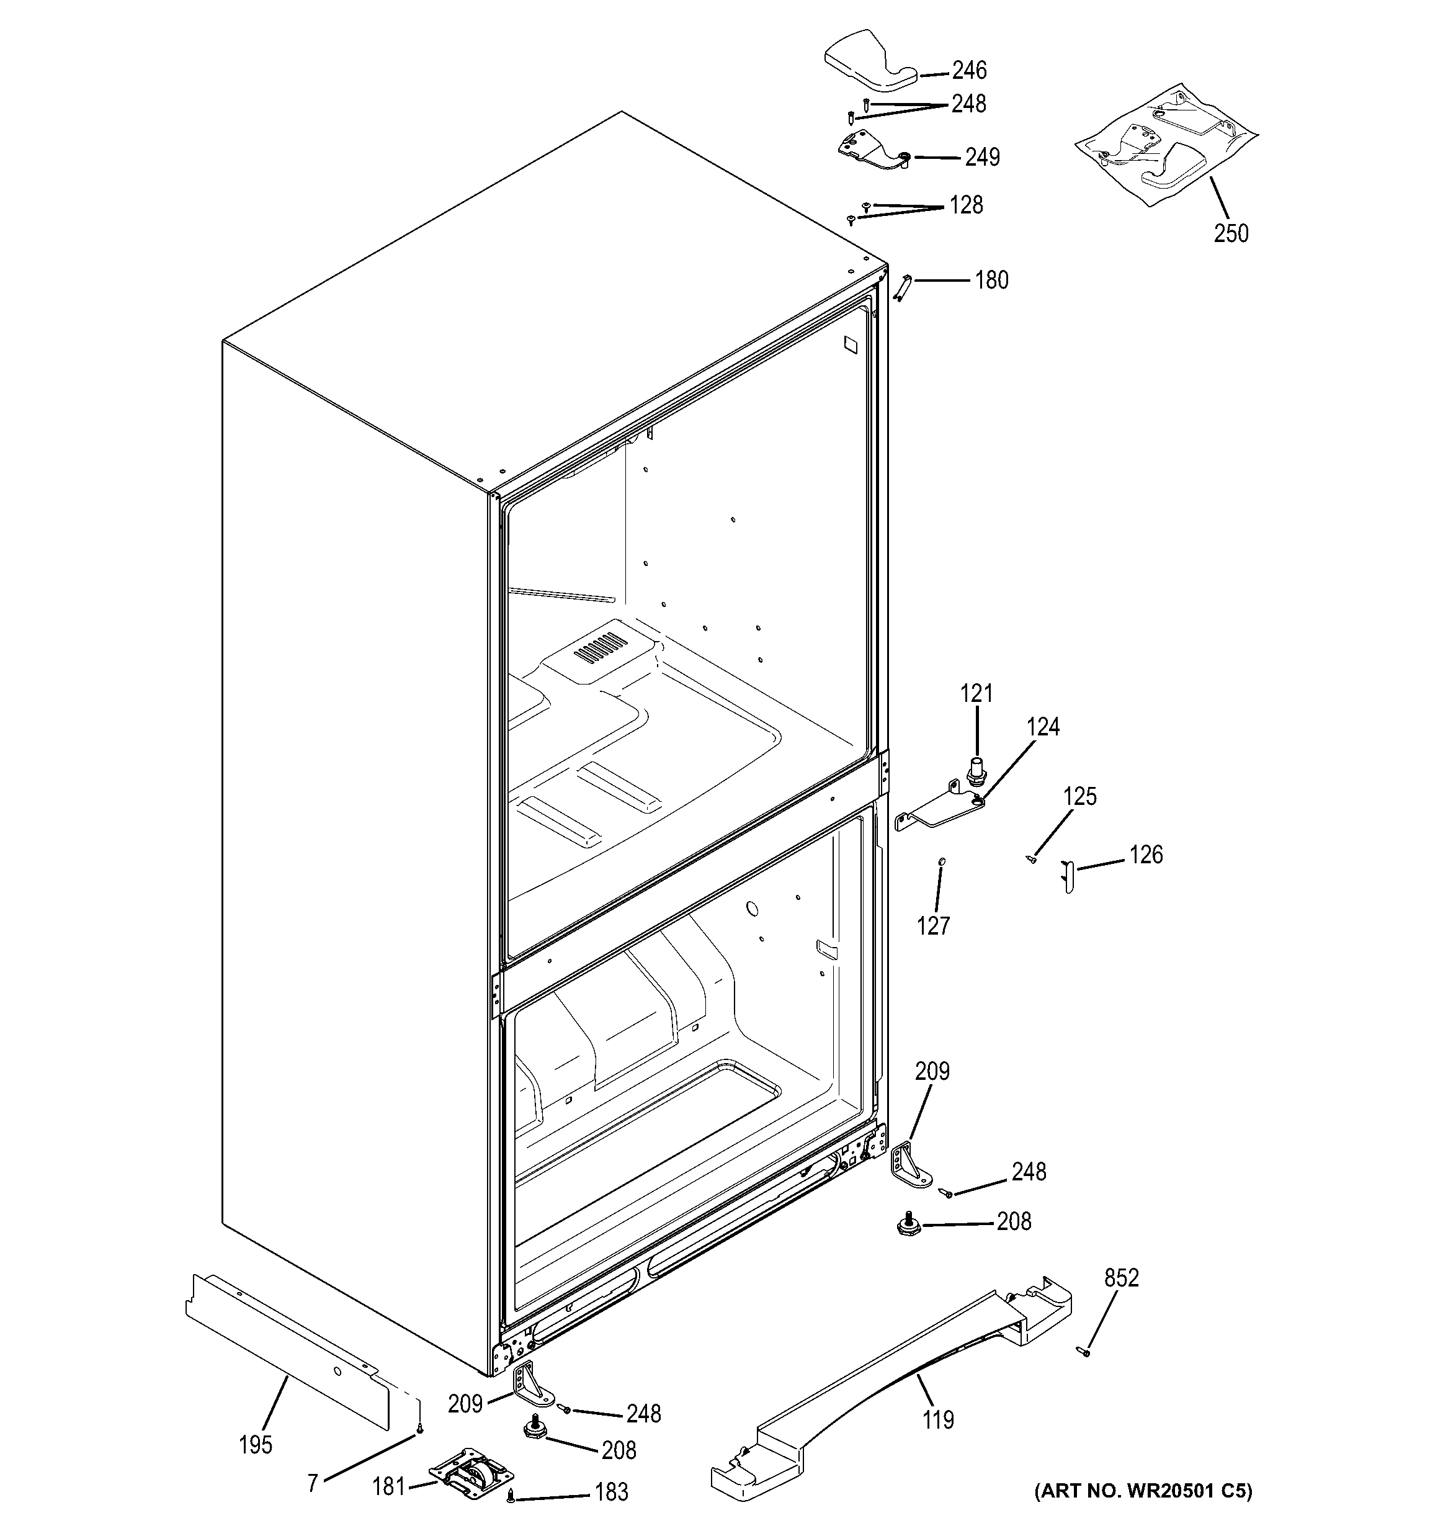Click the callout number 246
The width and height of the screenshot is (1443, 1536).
(968, 70)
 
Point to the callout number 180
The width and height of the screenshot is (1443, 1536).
(991, 280)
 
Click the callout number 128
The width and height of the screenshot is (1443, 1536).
(965, 205)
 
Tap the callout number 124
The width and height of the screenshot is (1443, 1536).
(1043, 727)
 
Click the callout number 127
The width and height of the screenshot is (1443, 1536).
(933, 925)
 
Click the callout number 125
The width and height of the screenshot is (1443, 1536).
(1079, 797)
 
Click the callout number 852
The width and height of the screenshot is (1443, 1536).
(1121, 1278)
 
